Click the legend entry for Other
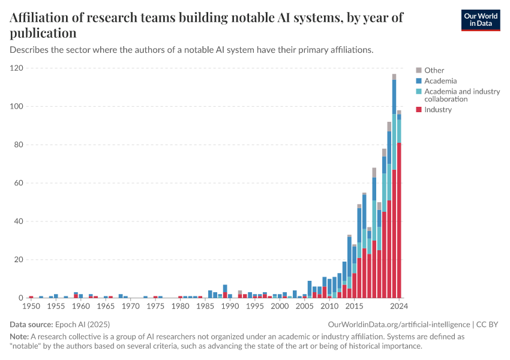coord(434,70)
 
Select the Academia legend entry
coord(440,81)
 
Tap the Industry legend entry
coord(437,110)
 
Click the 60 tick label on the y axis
coord(19,183)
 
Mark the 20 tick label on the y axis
coord(19,260)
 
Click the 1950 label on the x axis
coord(31,306)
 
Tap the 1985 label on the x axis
coord(205,306)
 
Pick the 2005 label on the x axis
coord(305,306)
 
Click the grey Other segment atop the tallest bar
coord(394,77)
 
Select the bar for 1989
coord(225,292)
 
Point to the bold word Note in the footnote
coord(19,337)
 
